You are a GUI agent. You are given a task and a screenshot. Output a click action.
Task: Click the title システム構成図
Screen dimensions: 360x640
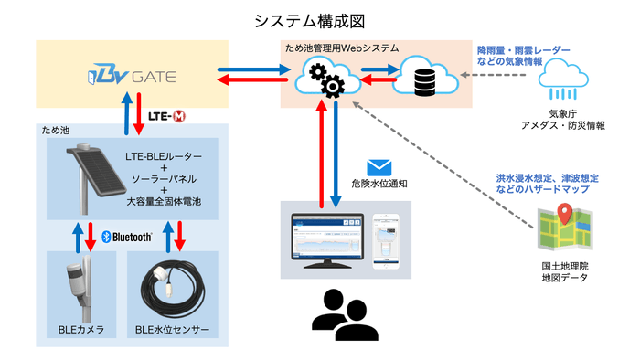pyautogui.click(x=320, y=19)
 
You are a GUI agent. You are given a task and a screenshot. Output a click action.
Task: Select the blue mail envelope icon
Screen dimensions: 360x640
pyautogui.click(x=379, y=167)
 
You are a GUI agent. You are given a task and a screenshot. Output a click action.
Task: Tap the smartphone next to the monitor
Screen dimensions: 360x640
pyautogui.click(x=388, y=237)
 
